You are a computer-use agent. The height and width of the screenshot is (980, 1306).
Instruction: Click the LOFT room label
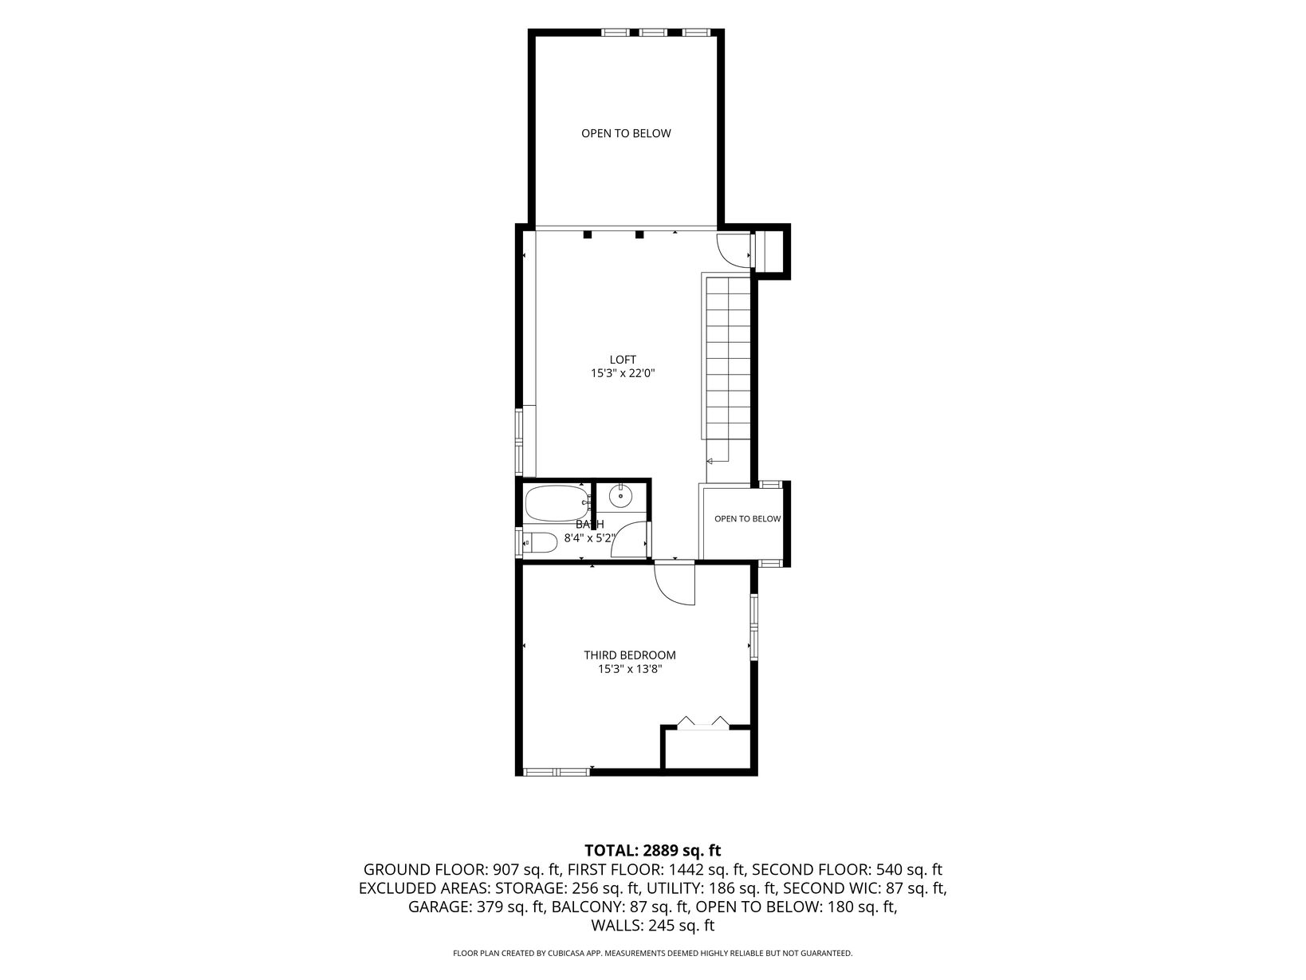point(623,360)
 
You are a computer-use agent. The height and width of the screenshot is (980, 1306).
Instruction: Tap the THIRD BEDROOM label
point(630,655)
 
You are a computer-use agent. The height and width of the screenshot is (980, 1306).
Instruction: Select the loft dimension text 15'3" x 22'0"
point(623,374)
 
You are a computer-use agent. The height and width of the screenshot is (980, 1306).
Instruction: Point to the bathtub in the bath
point(557,503)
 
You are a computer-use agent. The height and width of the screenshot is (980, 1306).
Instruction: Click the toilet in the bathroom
point(541,542)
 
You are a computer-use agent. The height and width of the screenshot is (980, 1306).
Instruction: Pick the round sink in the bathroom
point(620,496)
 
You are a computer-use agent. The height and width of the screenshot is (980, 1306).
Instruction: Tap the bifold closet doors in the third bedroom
point(703,723)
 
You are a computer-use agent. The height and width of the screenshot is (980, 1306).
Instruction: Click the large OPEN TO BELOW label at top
point(626,133)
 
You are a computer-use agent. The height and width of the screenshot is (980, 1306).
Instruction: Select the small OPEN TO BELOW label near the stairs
point(747,519)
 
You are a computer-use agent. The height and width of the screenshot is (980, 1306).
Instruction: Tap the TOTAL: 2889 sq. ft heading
point(652,850)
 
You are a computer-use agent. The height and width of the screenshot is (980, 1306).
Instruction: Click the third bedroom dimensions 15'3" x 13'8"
point(630,669)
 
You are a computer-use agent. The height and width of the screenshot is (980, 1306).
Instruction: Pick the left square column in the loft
point(588,234)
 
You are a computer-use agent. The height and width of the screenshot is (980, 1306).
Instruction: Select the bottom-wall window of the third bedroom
point(557,772)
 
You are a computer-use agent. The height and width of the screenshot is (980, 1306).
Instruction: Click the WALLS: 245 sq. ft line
point(653,925)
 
